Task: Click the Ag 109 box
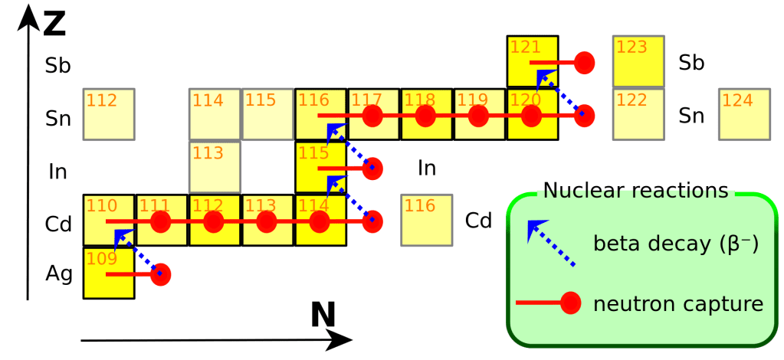109,273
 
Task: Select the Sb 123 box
638,61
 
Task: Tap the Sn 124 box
744,115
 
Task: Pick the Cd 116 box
426,221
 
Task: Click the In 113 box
215,168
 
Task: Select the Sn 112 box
109,115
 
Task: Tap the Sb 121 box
532,61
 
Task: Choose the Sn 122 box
638,115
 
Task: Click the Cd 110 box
109,221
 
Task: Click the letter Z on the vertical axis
54,25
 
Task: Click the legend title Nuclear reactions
635,191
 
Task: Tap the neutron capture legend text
677,304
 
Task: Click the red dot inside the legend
570,304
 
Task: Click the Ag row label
58,273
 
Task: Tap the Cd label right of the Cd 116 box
479,221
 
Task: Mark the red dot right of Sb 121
585,62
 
